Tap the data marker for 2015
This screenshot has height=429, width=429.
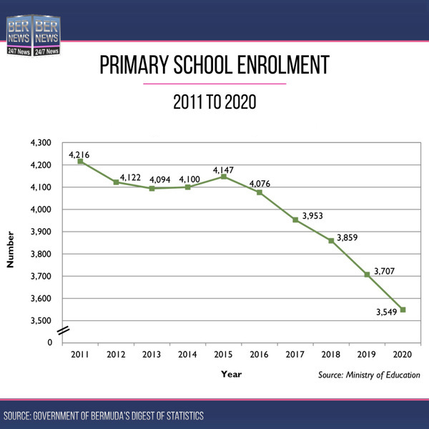click(x=224, y=177)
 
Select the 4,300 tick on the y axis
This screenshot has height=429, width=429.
click(x=42, y=143)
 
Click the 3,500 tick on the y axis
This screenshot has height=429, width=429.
click(x=42, y=320)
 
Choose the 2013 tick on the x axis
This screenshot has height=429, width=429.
click(x=152, y=355)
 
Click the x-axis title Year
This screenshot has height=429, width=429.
click(x=231, y=373)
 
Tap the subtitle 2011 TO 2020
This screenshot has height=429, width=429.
click(x=214, y=102)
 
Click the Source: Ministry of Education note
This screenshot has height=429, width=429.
click(x=370, y=375)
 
